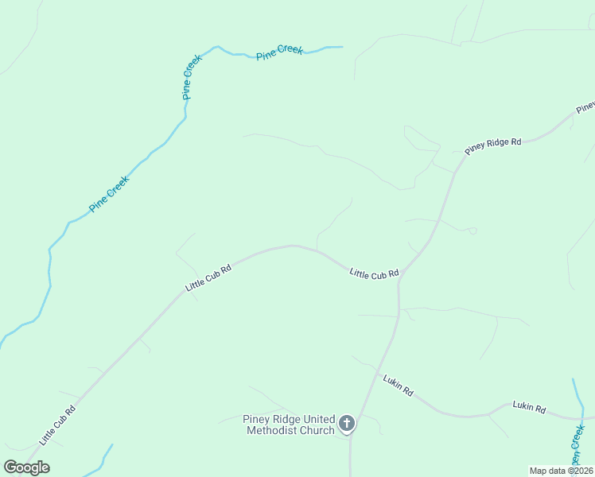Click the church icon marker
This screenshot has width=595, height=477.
[x=347, y=423]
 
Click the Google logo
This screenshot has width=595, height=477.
[x=26, y=467]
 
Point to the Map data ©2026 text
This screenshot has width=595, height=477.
[x=561, y=471]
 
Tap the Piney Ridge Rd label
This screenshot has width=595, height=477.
[x=493, y=146]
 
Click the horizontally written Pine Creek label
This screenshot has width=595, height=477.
[x=279, y=52]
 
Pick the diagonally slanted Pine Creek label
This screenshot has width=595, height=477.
[x=109, y=193]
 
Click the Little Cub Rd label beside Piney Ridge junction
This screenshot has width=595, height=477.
[x=374, y=273]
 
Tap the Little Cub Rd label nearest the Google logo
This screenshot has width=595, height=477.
[x=59, y=425]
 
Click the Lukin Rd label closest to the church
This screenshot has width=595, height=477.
[x=398, y=386]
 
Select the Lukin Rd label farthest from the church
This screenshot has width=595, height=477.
[x=529, y=408]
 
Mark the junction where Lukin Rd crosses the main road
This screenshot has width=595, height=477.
[x=376, y=370]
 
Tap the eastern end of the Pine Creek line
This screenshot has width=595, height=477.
[x=341, y=47]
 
